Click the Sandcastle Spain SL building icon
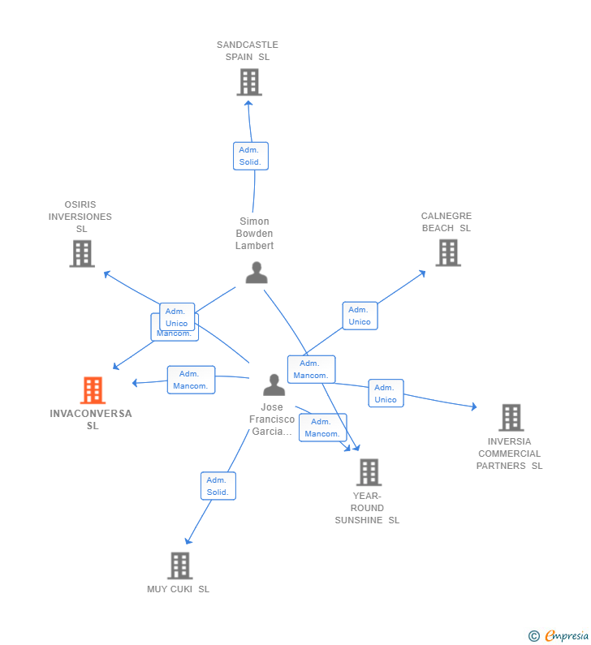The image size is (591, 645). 249,82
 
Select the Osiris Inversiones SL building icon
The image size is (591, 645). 82,254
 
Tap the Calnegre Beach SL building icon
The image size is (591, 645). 448,252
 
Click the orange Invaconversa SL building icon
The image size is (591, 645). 93,390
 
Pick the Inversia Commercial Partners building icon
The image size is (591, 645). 511,418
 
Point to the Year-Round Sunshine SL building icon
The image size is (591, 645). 369,472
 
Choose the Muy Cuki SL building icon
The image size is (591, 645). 179,565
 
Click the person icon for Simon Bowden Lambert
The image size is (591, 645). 257,273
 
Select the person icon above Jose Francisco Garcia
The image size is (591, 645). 274,385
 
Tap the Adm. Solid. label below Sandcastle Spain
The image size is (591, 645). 250,156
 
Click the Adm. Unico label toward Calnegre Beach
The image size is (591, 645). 360,316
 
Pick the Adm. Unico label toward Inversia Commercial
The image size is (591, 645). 386,393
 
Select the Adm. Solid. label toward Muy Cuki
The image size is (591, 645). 218,486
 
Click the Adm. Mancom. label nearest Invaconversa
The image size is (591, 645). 191,380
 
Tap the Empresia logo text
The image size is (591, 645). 567,636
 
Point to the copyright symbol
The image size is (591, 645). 533,637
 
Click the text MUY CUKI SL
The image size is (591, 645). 179,589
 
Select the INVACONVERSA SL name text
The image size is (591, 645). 91,419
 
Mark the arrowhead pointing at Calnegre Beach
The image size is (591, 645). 422,273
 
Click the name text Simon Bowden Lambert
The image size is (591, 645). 255,234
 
